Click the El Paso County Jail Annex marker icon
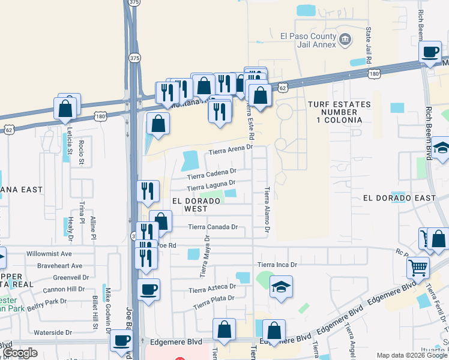[346, 40]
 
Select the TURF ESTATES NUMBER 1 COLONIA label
[336, 112]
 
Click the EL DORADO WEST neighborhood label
[197, 204]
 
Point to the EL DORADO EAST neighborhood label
[399, 197]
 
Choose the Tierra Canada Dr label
[213, 227]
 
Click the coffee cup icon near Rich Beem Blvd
[430, 52]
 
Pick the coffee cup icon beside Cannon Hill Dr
[148, 290]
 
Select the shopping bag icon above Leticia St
[65, 109]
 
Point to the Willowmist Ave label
[54, 254]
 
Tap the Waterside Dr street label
[53, 332]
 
